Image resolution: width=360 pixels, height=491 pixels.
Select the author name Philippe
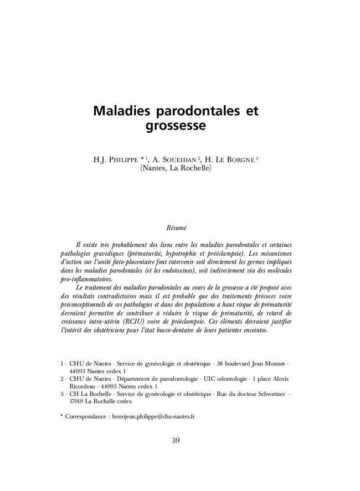(130, 160)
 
